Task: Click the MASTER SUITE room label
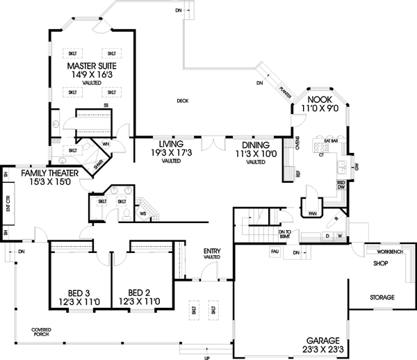point(92,66)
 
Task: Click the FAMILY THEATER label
point(49,172)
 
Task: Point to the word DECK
point(182,101)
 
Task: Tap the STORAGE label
point(382,297)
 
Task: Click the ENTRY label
point(211,250)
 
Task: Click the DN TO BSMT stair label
point(283,234)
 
